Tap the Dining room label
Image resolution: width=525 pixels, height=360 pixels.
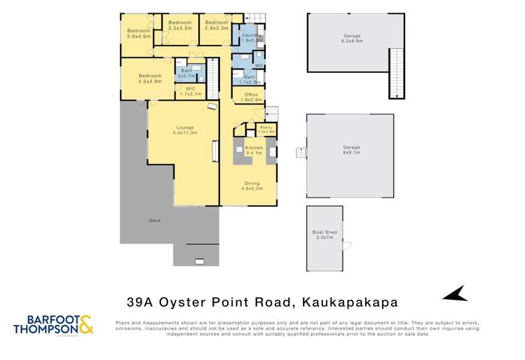coord(252,185)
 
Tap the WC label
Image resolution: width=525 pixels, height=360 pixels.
coord(259,65)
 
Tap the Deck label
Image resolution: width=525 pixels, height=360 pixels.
coord(155,221)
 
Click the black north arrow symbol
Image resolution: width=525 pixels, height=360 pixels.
coord(456,293)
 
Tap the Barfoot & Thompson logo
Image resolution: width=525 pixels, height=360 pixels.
coord(53,324)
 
